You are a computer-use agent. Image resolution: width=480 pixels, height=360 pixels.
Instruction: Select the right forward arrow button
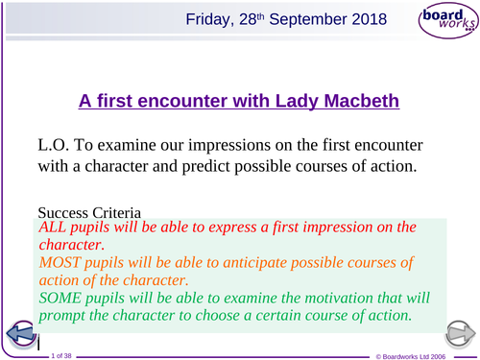[x=459, y=335]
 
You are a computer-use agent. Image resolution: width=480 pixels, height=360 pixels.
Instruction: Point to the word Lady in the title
[x=290, y=98]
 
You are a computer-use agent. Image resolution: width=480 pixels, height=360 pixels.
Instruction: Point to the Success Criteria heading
[x=90, y=211]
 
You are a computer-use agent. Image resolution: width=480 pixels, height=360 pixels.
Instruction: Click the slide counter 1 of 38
[x=61, y=353]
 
